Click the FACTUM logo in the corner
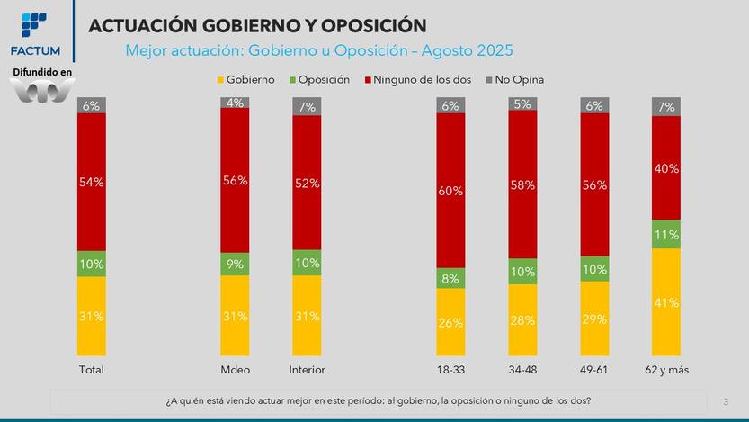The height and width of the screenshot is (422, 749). click(x=33, y=33)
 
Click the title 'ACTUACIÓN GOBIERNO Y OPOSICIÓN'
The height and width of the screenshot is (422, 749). click(x=257, y=26)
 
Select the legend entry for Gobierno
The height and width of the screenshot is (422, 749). click(x=245, y=79)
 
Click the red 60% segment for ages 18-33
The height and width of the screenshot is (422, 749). click(x=450, y=190)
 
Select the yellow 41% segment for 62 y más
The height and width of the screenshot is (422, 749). click(x=666, y=301)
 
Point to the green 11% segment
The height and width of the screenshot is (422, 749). click(x=666, y=234)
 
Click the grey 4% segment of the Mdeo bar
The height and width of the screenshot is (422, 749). click(x=235, y=103)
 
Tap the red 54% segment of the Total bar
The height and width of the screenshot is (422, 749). click(x=92, y=182)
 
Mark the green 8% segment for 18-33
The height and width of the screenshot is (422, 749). click(x=450, y=278)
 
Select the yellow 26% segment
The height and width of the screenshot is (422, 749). click(x=450, y=322)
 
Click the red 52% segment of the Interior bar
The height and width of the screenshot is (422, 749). click(x=307, y=183)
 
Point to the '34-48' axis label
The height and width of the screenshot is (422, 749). click(x=522, y=370)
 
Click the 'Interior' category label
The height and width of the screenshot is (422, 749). click(x=307, y=370)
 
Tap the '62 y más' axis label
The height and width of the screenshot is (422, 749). click(x=666, y=370)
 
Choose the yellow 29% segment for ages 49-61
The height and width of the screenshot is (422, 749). click(x=594, y=319)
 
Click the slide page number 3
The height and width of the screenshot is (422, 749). click(x=726, y=400)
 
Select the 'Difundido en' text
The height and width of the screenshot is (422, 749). click(x=42, y=71)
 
